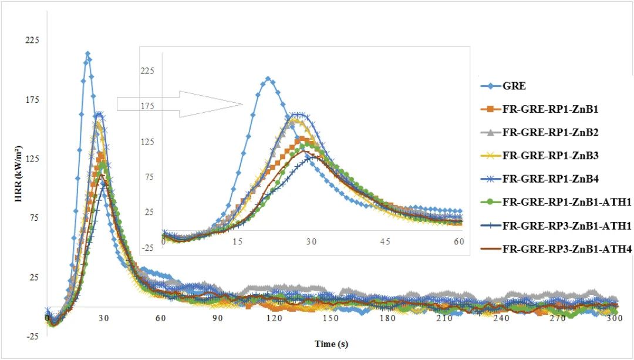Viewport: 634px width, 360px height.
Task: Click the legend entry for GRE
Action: tap(514, 86)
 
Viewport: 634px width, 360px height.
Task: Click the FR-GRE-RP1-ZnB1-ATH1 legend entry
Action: tap(566, 202)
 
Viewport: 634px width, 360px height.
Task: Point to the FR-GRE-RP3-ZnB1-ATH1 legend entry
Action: tap(566, 226)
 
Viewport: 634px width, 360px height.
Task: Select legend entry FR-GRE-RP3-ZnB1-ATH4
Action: tap(566, 249)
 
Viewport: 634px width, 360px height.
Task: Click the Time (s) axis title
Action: tap(331, 344)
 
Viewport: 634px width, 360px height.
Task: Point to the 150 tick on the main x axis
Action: tap(331, 318)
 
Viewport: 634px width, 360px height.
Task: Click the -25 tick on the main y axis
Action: tap(31, 337)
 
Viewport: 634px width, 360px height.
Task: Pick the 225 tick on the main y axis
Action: tap(31, 40)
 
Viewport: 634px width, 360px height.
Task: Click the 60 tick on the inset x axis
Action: tap(458, 241)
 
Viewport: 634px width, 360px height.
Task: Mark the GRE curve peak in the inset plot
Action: tap(267, 78)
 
